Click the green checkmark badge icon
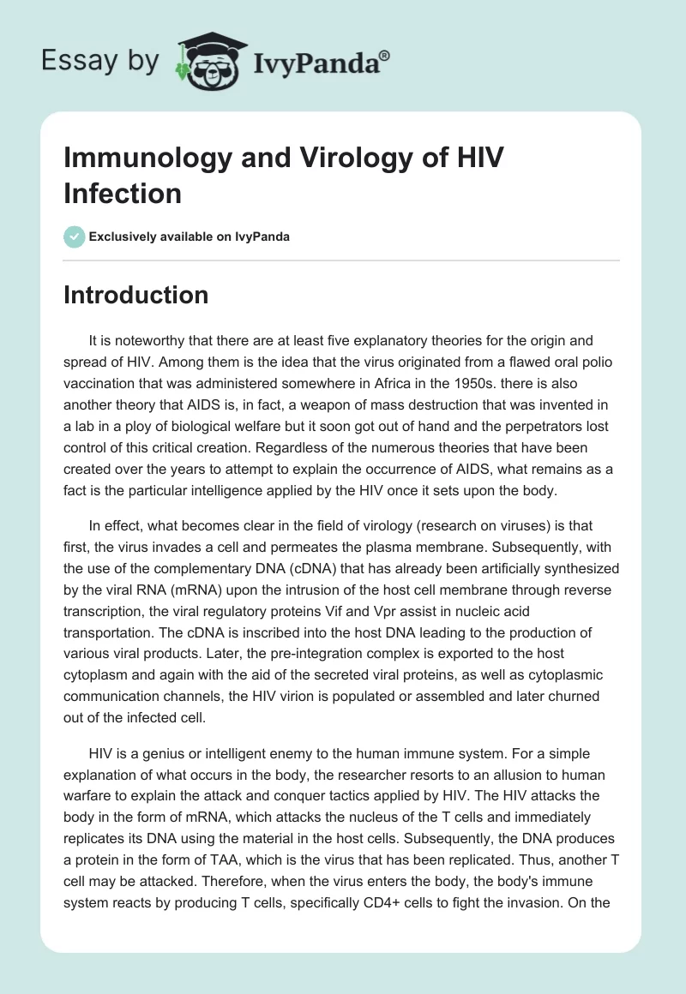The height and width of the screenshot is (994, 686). click(75, 237)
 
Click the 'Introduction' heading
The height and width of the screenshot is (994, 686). click(136, 295)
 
